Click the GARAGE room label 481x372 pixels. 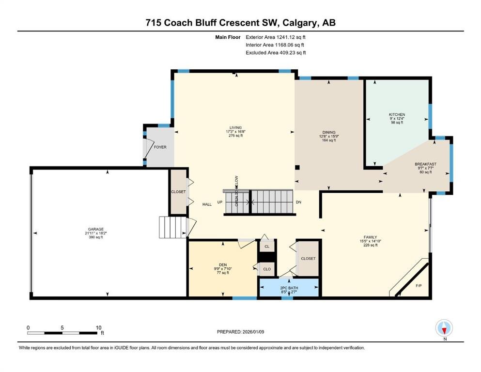click(96, 229)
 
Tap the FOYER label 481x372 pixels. click(160, 147)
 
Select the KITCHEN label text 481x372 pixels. click(397, 114)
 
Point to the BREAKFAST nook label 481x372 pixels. click(425, 164)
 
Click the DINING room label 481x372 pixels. click(329, 133)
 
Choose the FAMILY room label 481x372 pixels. click(370, 237)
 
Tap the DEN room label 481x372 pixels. click(223, 265)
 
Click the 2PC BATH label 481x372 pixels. click(289, 288)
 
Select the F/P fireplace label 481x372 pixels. click(419, 286)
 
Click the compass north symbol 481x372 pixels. click(444, 328)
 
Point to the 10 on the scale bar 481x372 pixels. click(98, 327)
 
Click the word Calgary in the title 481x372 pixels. click(299, 23)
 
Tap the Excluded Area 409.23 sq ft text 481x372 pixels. click(276, 52)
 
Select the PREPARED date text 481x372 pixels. click(240, 332)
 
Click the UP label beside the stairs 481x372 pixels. click(219, 202)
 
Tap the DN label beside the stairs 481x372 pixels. click(298, 202)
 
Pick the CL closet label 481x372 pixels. click(267, 247)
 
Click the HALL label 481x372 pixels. click(207, 204)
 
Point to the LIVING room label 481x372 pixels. click(235, 127)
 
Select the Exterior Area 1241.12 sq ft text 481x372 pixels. click(276, 37)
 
